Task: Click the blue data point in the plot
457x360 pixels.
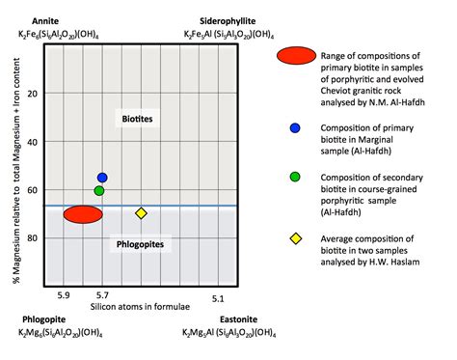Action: (x=102, y=178)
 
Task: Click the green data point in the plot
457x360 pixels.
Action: (x=99, y=190)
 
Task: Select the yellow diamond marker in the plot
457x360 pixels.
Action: (x=141, y=213)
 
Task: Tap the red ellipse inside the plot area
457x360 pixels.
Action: (x=83, y=215)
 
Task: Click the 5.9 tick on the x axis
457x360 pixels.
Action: (x=65, y=295)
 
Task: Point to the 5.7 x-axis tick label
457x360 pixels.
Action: (x=103, y=295)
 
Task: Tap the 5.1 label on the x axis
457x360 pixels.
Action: (x=219, y=295)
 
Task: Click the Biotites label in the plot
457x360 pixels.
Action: (x=138, y=118)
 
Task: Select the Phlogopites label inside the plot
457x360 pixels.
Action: (x=141, y=245)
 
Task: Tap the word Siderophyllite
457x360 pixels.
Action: (x=228, y=20)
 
